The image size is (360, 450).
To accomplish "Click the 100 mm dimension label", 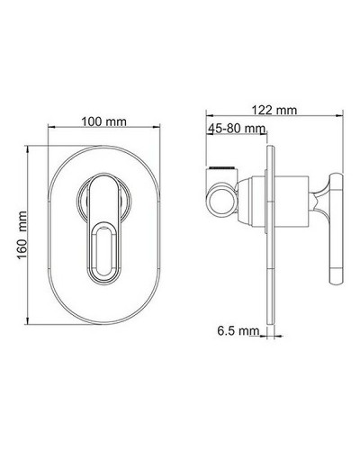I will click(x=104, y=121).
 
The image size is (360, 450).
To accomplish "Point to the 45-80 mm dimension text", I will click(x=235, y=129).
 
